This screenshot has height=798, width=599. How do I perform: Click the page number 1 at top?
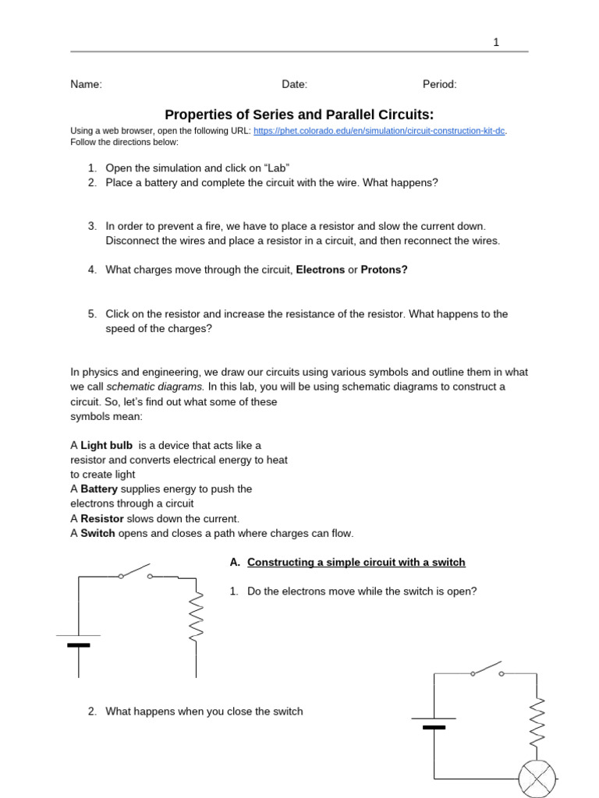coord(495,43)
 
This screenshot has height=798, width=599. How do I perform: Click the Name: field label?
coord(86,85)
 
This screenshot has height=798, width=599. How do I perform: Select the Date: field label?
coord(295,85)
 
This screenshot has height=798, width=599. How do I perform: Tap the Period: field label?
coord(440,85)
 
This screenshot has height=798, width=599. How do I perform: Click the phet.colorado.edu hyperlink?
coord(380,131)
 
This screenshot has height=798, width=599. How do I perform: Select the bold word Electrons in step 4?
coord(320,270)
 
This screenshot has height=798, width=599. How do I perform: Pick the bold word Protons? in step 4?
coord(384,270)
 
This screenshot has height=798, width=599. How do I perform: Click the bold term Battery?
coord(99,489)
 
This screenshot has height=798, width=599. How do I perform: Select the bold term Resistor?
coord(102,519)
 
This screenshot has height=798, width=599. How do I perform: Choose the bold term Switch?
coord(97,534)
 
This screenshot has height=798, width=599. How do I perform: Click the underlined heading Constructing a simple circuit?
coord(356,563)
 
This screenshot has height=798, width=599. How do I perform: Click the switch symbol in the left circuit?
coord(135,574)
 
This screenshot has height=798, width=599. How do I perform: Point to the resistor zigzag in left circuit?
coord(196,616)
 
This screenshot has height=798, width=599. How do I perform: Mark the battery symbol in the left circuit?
coord(78,641)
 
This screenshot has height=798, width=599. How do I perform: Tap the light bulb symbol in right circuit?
coord(537,778)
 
